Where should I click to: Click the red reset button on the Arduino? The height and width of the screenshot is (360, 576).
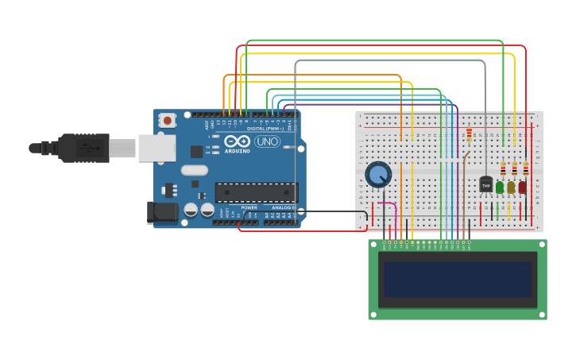tap(167, 120)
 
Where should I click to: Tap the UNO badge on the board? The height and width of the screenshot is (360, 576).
tap(267, 141)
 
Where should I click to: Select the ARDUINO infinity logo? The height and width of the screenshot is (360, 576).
tap(237, 142)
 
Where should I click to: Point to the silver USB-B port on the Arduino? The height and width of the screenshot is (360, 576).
tap(157, 148)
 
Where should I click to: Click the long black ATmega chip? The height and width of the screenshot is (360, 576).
tap(256, 192)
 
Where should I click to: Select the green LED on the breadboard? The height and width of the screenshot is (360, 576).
tap(500, 187)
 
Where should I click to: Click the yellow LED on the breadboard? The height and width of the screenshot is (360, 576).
tap(511, 187)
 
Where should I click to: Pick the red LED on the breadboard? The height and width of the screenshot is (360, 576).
tap(522, 187)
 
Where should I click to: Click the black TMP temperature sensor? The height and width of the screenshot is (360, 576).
tap(486, 184)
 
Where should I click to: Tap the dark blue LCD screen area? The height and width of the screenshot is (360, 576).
tap(457, 280)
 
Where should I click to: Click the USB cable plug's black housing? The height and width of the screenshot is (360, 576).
tap(83, 148)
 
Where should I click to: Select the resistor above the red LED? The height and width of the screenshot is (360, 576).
tap(525, 168)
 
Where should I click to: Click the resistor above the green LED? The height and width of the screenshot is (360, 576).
tap(503, 168)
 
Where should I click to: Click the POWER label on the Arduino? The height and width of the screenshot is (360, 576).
tap(249, 207)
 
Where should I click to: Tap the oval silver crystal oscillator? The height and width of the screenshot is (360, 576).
tap(194, 170)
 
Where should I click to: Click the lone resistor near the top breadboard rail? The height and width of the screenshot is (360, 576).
tap(469, 135)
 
